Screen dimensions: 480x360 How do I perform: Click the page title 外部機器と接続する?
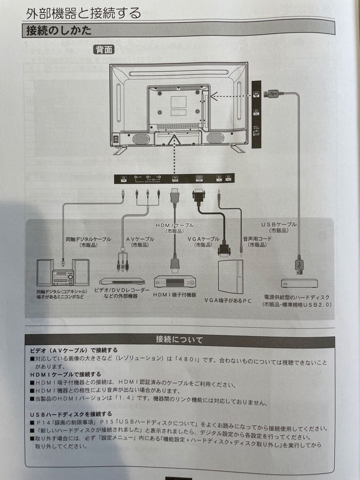point(83,13)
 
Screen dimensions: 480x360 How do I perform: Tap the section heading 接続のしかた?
point(59,31)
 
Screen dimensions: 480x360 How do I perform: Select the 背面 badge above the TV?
point(104,50)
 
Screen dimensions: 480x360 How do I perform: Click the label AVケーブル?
point(140,239)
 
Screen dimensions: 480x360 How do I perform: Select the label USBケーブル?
point(279,224)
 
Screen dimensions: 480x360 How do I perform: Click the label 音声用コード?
point(257,239)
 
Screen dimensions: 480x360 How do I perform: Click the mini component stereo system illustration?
point(63,272)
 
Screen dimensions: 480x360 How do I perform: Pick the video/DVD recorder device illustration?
point(122,281)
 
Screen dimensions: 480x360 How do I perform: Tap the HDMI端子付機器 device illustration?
point(175,281)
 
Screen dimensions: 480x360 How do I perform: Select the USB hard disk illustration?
point(299,283)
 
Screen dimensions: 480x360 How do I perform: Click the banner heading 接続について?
point(179,340)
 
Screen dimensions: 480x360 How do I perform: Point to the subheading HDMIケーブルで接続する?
point(65,374)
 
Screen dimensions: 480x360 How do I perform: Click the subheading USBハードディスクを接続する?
point(71,414)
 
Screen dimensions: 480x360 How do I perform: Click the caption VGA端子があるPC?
point(228,300)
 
